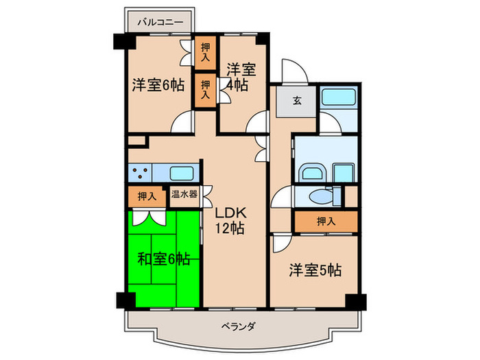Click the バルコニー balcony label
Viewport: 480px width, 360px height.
[x=159, y=22]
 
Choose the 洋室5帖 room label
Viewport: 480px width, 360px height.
[x=315, y=269]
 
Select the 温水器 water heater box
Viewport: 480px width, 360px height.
[x=184, y=195]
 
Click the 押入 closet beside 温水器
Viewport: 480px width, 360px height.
[x=147, y=196]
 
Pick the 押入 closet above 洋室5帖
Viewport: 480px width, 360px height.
[x=326, y=221]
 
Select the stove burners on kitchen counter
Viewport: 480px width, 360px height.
[x=141, y=173]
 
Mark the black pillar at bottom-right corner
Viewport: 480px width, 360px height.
[x=355, y=300]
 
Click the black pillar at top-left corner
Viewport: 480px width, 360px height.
[x=120, y=40]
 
